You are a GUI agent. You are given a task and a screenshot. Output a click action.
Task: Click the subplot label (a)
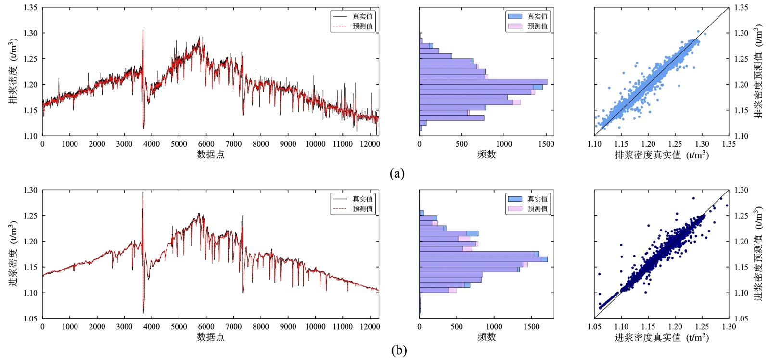tap(397, 174)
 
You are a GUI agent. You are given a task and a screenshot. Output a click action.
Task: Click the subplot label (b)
tap(399, 350)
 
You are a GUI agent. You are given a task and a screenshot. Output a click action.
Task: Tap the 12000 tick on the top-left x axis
tap(370, 144)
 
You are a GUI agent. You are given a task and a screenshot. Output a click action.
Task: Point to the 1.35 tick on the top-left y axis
tap(30, 8)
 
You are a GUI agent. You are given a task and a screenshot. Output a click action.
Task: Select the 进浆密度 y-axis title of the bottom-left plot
tap(13, 254)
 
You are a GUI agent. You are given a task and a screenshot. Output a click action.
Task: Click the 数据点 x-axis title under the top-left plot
tap(211, 154)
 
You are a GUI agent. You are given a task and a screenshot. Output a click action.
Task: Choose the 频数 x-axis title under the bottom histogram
tap(487, 337)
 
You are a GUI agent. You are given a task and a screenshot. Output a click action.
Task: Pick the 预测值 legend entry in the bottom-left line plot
tap(362, 209)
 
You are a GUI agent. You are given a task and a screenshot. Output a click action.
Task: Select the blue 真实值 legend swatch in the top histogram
tap(515, 16)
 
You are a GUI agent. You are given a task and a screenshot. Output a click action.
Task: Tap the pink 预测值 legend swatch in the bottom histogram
tap(515, 209)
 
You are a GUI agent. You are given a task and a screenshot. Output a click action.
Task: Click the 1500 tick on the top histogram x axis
tap(546, 144)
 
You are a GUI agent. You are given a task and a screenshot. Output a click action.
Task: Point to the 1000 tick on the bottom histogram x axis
tap(494, 326)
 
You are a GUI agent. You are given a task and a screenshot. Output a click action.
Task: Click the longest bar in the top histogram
tap(483, 82)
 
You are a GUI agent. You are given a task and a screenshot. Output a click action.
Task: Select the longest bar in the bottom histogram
tap(483, 259)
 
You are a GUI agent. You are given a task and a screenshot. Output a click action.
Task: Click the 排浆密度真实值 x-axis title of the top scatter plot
tap(662, 155)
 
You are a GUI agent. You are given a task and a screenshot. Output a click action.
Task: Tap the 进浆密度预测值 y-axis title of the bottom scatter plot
tap(759, 254)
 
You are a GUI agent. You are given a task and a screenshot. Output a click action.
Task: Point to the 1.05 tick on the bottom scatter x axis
tap(594, 326)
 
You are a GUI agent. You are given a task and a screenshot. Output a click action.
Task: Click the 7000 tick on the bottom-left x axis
tap(234, 326)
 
